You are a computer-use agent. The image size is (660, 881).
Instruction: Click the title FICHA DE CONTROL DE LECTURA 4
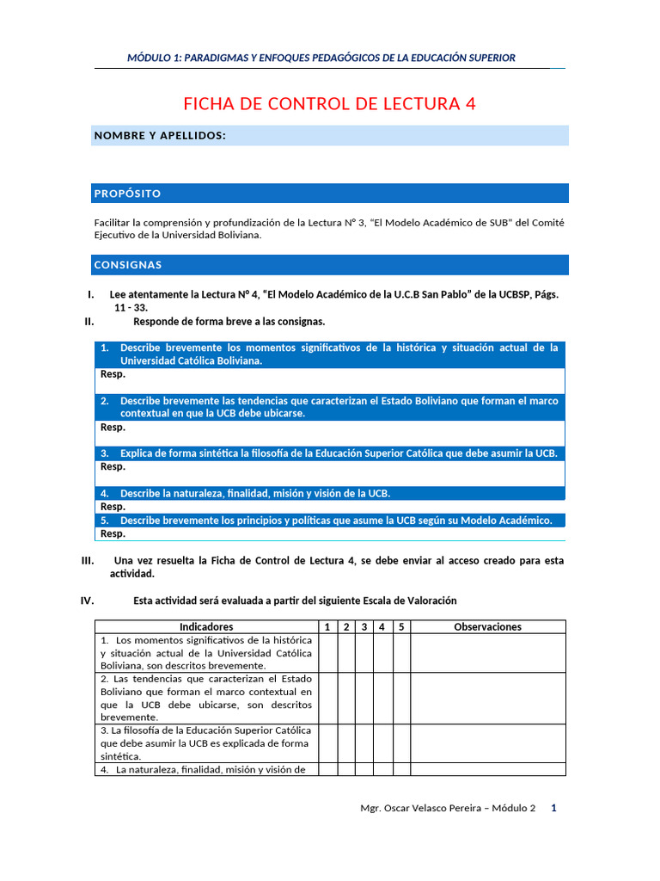tap(329, 104)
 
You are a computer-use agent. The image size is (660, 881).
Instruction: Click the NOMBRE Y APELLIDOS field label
tap(160, 136)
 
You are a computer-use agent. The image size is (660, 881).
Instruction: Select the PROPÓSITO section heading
tap(127, 194)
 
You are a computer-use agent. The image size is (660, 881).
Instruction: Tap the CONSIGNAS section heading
tap(127, 265)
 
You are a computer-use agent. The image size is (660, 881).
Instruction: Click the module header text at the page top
tap(321, 58)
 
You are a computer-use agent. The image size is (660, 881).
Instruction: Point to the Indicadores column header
tap(206, 627)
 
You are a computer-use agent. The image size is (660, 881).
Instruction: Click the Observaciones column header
tap(487, 627)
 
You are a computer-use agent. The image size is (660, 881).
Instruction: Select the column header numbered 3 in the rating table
tap(364, 627)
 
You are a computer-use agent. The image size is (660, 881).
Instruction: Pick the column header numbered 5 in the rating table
tap(401, 627)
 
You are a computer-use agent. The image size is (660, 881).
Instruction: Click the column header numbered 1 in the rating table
tap(327, 627)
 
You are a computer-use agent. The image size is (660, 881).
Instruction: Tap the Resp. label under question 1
tap(113, 374)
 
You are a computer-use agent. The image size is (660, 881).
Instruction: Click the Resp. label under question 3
tap(113, 467)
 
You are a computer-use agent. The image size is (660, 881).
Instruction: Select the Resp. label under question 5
tap(113, 533)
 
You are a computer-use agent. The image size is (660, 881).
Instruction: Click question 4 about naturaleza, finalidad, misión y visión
tap(254, 493)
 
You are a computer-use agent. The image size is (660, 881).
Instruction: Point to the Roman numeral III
tap(88, 560)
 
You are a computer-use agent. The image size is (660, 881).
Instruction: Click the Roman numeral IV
tap(87, 601)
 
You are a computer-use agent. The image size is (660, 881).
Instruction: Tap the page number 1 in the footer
tap(553, 808)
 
